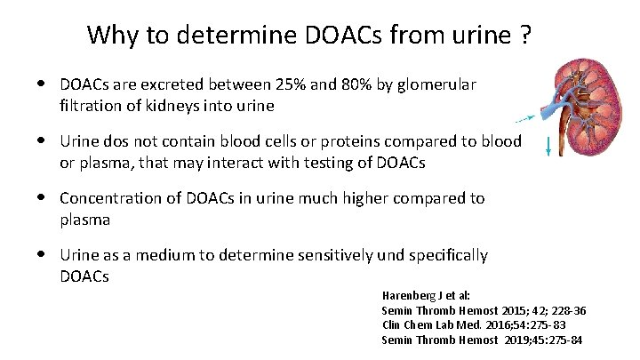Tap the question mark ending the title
point(526,36)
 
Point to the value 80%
point(339,84)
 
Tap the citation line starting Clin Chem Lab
point(449,325)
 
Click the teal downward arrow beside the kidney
point(548,146)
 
